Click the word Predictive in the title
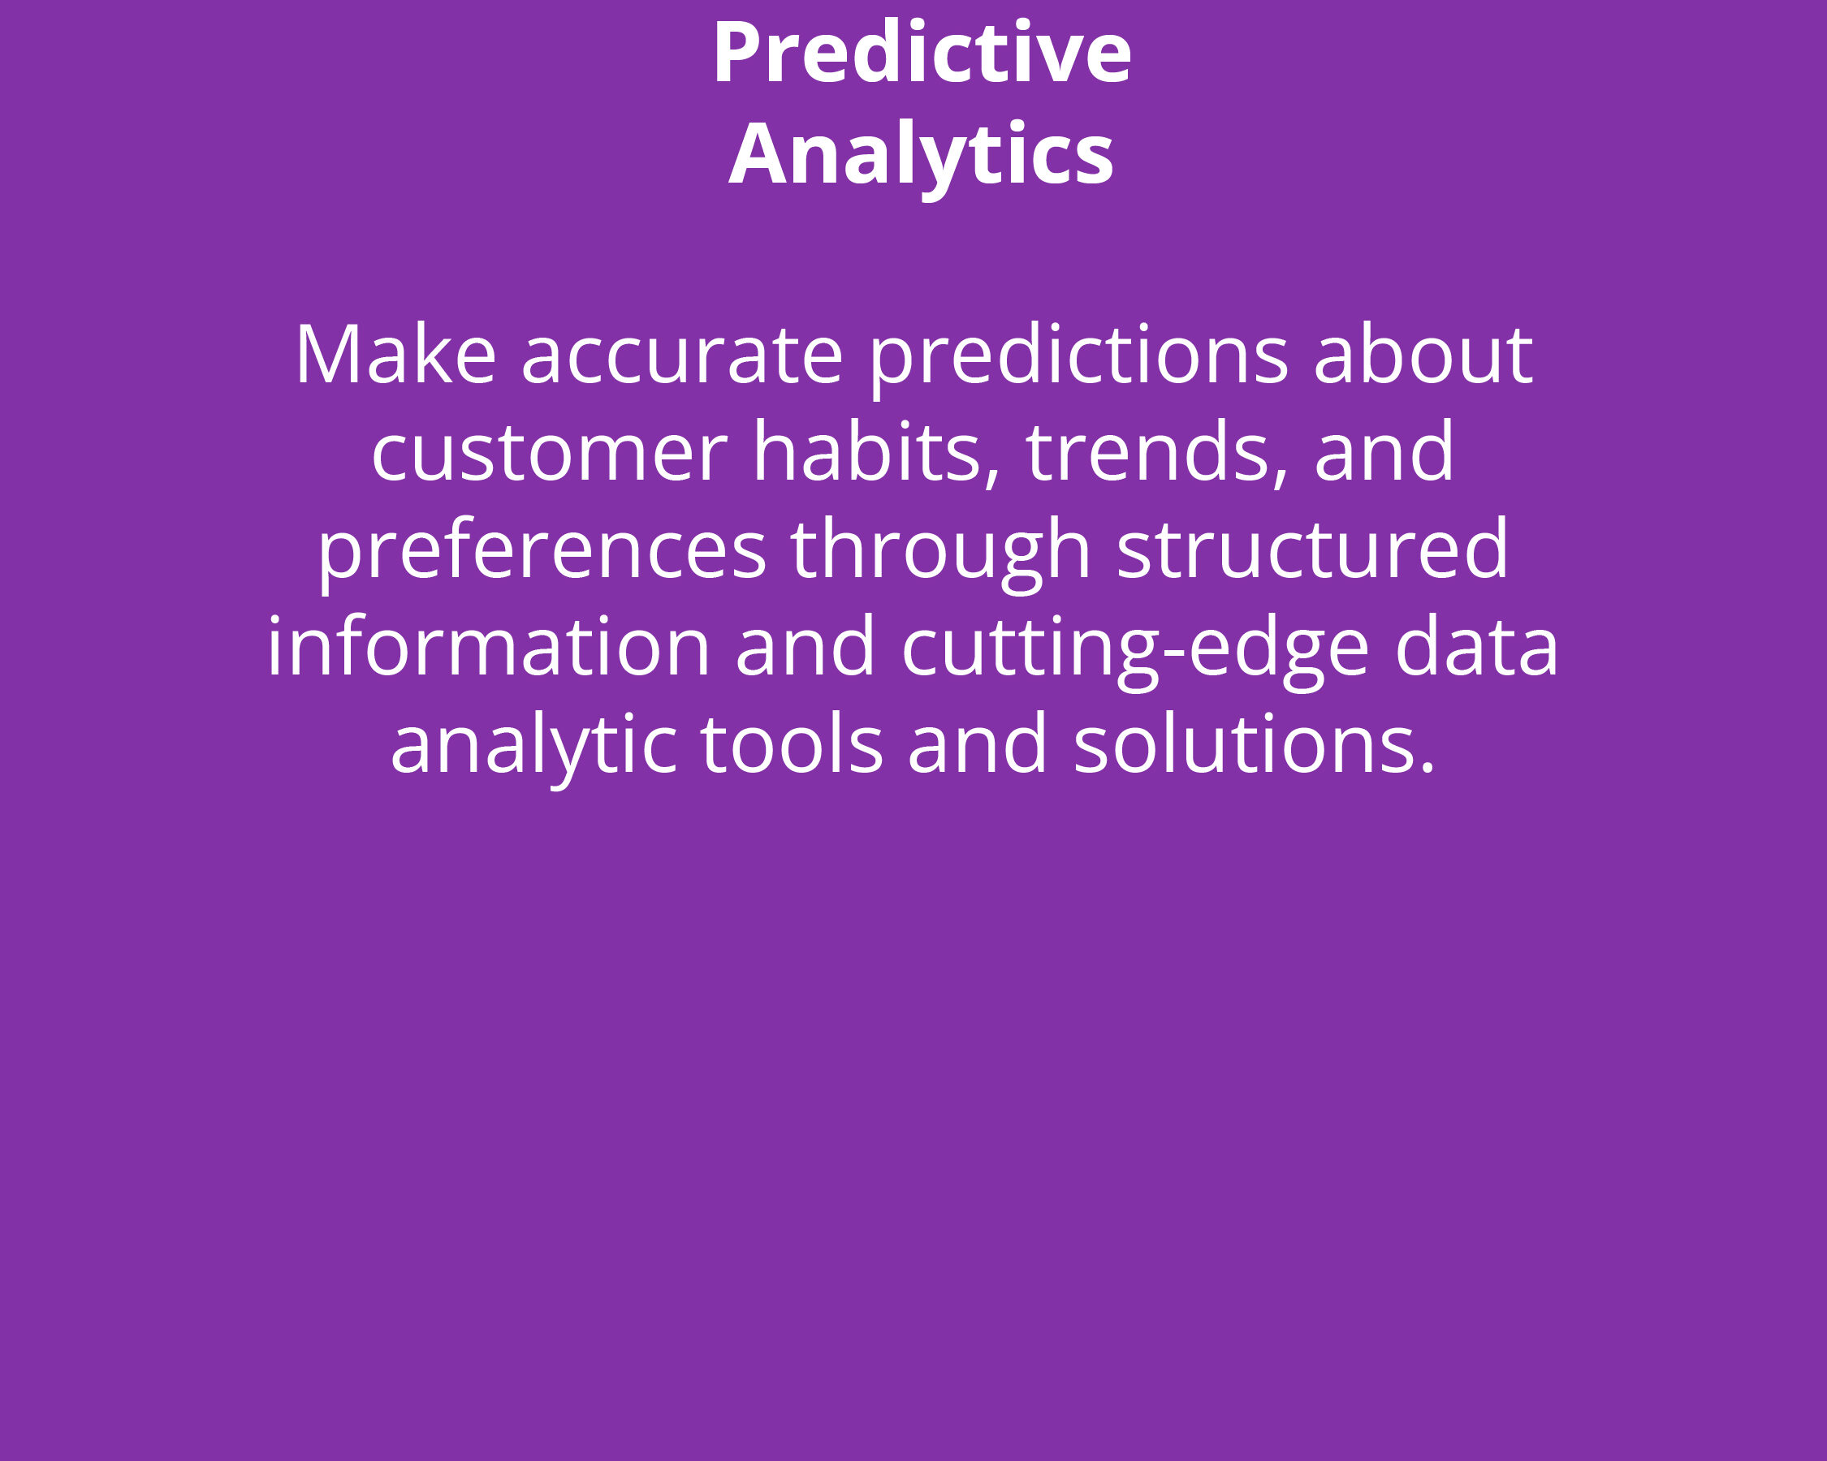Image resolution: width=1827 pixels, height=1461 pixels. coord(922,52)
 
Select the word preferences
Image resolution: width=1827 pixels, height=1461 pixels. coord(542,554)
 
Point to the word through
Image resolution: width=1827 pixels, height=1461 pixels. coord(941,554)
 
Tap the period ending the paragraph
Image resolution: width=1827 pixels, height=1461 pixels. coord(1427,767)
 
